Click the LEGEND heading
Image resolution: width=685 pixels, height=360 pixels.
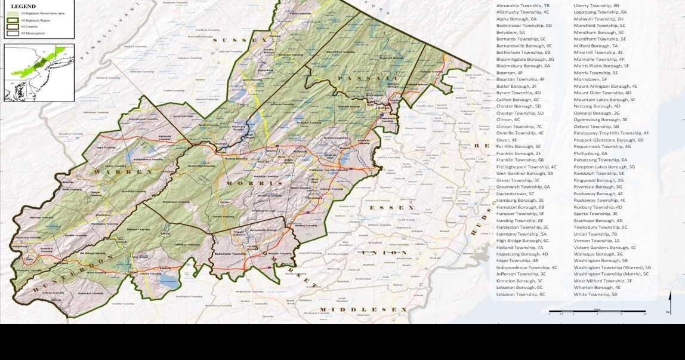click(x=23, y=6)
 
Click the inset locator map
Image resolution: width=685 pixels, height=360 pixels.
click(x=39, y=72)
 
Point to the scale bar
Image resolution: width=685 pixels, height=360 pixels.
click(x=597, y=311)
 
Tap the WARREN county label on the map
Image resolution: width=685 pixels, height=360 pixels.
click(x=122, y=172)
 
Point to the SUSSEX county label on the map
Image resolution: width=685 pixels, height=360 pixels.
click(x=243, y=40)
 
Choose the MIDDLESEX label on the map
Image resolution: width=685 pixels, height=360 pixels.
click(x=363, y=309)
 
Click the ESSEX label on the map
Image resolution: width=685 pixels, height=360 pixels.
click(x=391, y=207)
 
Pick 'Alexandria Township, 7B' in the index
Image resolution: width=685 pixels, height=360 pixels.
click(x=523, y=5)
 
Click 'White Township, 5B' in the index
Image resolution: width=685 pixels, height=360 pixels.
click(x=595, y=294)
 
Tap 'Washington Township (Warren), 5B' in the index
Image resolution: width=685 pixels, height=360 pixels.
click(x=612, y=267)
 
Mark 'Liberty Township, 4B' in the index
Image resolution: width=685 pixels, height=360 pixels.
click(x=596, y=5)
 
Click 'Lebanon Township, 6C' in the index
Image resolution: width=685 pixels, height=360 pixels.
click(x=520, y=294)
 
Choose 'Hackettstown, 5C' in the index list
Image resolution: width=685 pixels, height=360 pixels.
click(x=515, y=193)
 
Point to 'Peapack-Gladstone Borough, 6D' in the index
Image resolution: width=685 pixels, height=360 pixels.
click(x=608, y=140)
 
